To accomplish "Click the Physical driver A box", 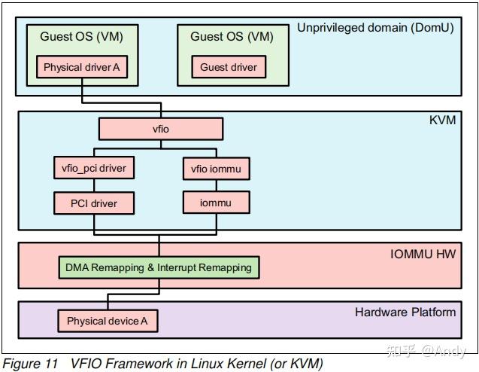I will [81, 67].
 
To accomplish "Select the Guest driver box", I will [228, 67].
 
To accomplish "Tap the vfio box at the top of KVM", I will [160, 130].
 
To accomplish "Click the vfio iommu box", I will [216, 169].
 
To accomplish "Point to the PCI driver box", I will [85, 203].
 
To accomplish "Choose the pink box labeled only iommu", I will [216, 203].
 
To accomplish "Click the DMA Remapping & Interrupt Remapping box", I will [159, 267].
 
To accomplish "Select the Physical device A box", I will [108, 322].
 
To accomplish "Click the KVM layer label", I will [442, 120].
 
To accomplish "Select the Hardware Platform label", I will [405, 312].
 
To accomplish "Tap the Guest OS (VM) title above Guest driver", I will [232, 35].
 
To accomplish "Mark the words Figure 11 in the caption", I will [30, 364].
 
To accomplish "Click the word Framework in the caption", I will [132, 364].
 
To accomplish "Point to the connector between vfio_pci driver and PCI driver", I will [85, 186].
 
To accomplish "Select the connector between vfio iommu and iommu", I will [216, 186].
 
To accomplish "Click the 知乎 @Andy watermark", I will [426, 351].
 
